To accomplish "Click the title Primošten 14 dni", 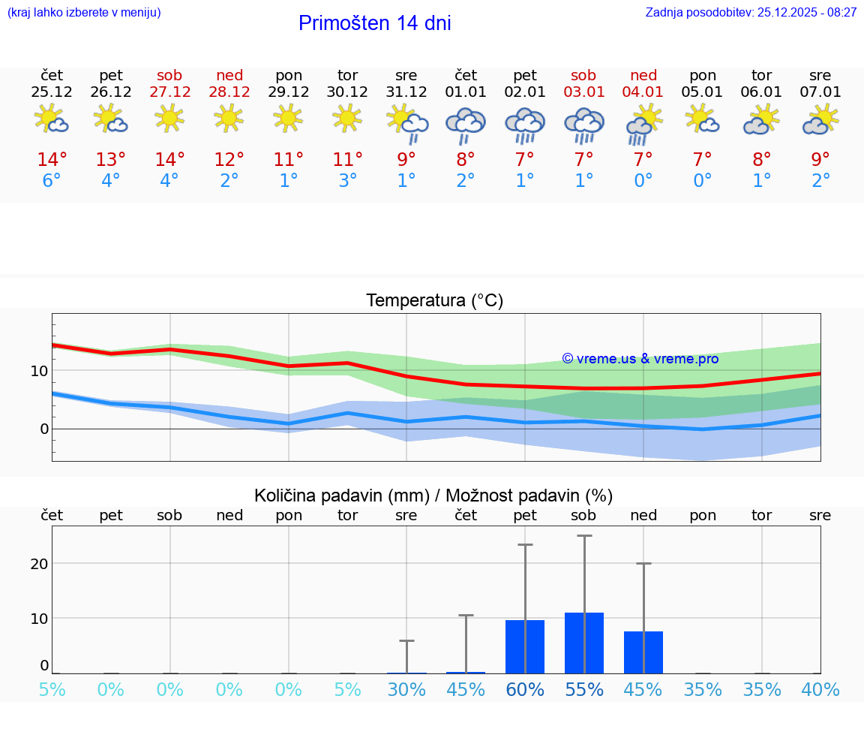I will pyautogui.click(x=374, y=23).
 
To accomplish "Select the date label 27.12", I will pyautogui.click(x=169, y=92).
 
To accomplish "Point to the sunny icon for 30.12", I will pyautogui.click(x=347, y=117).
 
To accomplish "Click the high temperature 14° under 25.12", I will pyautogui.click(x=52, y=160).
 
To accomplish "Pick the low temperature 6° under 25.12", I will pyautogui.click(x=52, y=181).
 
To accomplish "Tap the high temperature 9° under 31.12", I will pyautogui.click(x=406, y=160).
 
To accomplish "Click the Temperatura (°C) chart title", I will pyautogui.click(x=434, y=301).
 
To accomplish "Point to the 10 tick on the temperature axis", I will pyautogui.click(x=39, y=371).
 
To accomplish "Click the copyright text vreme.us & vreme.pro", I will pyautogui.click(x=640, y=359).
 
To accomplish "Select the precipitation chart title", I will pyautogui.click(x=433, y=496).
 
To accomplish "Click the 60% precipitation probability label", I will pyautogui.click(x=525, y=689).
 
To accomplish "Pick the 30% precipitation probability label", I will pyautogui.click(x=406, y=689).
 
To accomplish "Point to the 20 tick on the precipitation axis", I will pyautogui.click(x=39, y=564).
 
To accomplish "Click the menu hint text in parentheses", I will pyautogui.click(x=83, y=12).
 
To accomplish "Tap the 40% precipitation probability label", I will pyautogui.click(x=820, y=689).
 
